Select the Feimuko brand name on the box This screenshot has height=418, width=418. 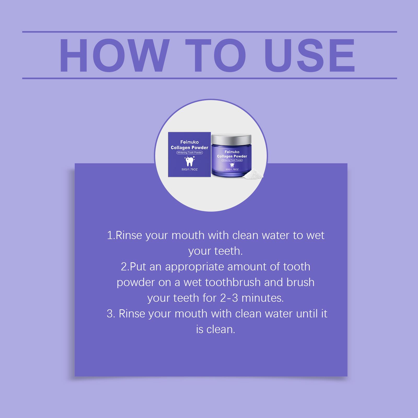[x=189, y=142]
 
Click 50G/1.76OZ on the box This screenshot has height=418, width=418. [x=189, y=170]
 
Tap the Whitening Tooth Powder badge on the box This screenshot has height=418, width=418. [x=190, y=153]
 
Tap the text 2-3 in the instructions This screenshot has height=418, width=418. [x=229, y=298]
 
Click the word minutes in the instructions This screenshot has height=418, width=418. [x=263, y=298]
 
